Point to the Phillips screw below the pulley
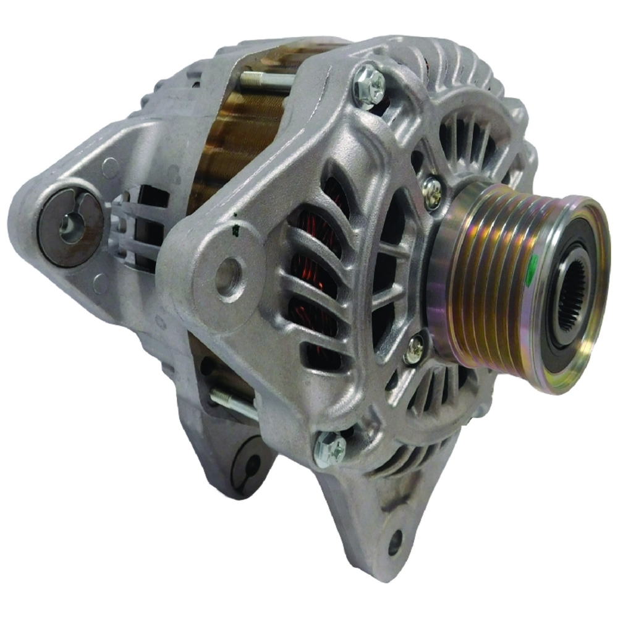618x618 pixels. point(414,349)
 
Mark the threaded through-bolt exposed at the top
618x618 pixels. point(266,80)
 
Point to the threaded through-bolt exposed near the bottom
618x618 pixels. point(234,402)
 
